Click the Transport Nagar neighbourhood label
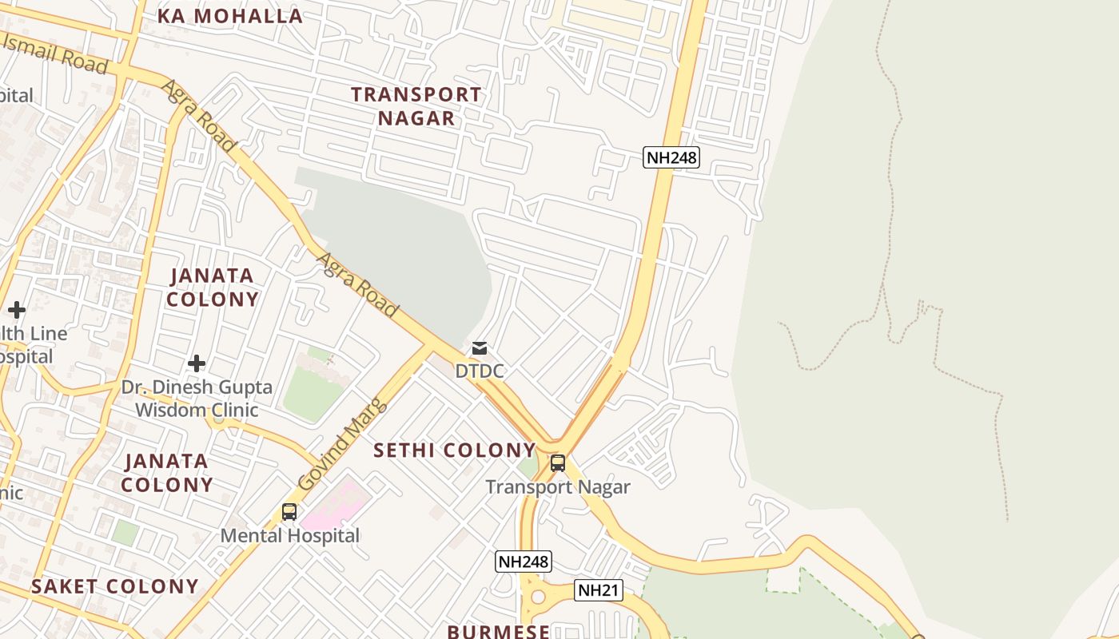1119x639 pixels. click(416, 106)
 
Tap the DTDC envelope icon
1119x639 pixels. click(480, 348)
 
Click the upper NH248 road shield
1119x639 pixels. click(671, 157)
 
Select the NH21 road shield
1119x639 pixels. click(598, 590)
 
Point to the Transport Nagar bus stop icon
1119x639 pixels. click(558, 463)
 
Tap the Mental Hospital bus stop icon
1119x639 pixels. click(289, 512)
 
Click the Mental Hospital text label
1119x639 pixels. click(290, 535)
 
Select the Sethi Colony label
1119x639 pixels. click(455, 450)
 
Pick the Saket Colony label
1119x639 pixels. click(115, 586)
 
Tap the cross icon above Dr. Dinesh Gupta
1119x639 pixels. click(197, 364)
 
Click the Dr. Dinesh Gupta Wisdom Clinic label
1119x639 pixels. click(197, 399)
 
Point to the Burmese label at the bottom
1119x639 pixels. click(498, 631)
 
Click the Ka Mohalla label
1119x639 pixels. click(230, 16)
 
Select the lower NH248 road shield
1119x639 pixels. click(524, 562)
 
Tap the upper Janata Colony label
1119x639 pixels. click(213, 288)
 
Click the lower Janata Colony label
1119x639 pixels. click(167, 473)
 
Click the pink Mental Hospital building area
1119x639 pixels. click(336, 503)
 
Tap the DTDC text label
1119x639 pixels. click(480, 371)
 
